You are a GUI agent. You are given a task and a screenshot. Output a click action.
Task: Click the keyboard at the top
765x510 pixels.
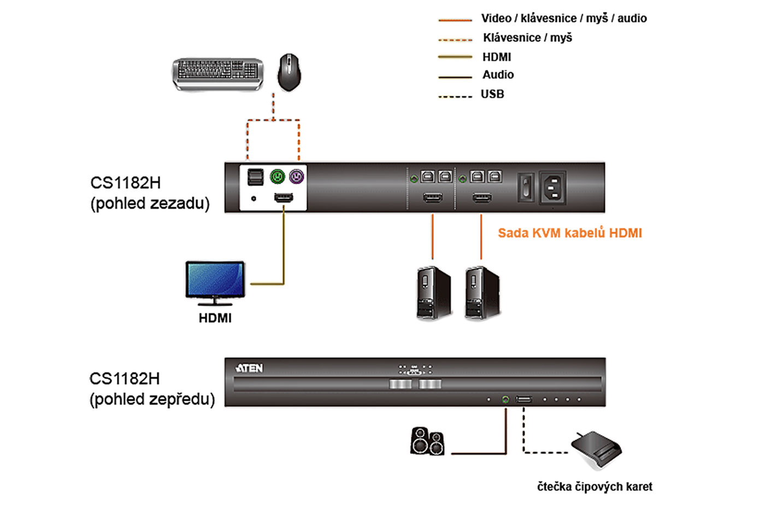217,73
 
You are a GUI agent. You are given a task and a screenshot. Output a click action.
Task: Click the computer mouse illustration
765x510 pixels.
289,72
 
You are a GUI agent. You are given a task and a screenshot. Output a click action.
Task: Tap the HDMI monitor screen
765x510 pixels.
215,279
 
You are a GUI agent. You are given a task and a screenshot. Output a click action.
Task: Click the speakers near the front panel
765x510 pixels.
427,441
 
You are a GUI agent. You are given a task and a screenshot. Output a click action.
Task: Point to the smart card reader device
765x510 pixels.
596,450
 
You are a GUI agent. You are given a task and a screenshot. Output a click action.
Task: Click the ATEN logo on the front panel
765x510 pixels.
249,368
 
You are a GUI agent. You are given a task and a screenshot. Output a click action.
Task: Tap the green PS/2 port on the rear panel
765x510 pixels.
278,177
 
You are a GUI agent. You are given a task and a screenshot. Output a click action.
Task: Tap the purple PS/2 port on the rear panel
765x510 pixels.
296,177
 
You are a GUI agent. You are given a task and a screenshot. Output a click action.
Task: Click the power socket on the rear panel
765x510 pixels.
552,187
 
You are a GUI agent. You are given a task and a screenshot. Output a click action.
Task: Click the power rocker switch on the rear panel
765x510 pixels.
525,187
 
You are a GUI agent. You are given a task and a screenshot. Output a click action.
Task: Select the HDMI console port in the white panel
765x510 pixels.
283,197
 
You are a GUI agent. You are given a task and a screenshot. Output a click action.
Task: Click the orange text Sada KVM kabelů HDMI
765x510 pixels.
569,233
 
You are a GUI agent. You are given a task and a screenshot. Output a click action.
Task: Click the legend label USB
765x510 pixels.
492,94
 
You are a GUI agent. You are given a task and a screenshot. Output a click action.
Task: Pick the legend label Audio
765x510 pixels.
498,74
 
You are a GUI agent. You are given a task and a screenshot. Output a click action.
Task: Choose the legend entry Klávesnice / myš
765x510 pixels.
527,38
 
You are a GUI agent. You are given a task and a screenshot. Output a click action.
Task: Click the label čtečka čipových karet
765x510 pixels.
595,486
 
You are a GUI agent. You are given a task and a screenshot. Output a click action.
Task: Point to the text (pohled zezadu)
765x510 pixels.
150,203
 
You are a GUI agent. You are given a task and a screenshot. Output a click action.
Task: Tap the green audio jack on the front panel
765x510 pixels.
505,400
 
